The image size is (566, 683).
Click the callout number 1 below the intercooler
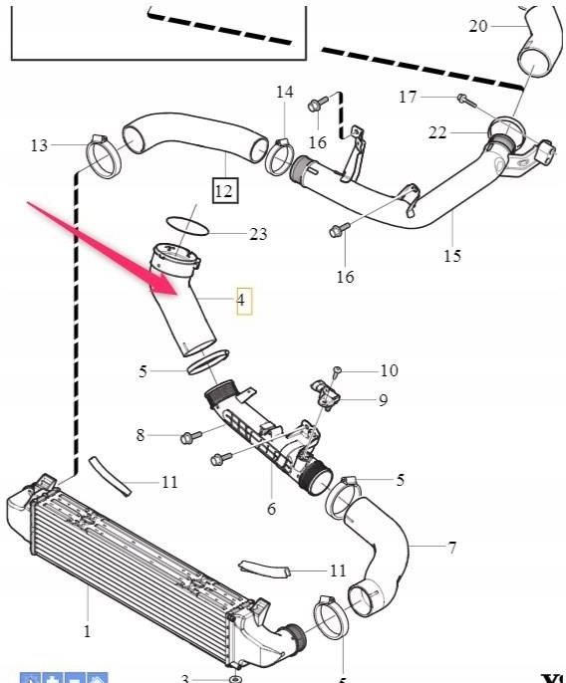[x=87, y=630]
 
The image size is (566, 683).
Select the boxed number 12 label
[x=224, y=189]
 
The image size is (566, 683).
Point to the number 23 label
[x=258, y=235]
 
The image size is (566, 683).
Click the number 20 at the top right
[x=478, y=25]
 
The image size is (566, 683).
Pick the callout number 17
[x=408, y=97]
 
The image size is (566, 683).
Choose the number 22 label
[x=437, y=133]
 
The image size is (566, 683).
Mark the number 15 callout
[x=452, y=256]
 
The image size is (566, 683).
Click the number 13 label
[x=39, y=146]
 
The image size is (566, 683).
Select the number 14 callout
[x=285, y=93]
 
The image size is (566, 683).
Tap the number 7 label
[x=452, y=548]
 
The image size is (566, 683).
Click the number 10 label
[x=388, y=370]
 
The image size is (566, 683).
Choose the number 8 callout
[x=141, y=435]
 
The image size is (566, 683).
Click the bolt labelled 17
[x=462, y=98]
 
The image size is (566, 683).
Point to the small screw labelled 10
[x=338, y=371]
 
